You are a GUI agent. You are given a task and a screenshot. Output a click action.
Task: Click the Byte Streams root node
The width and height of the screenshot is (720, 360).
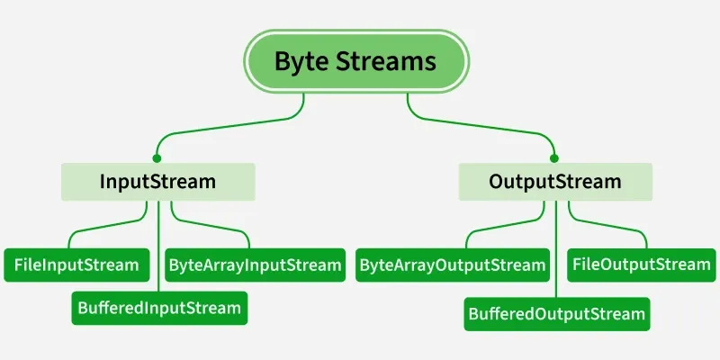[355, 61]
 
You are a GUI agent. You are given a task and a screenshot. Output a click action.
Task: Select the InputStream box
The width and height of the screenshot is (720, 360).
[157, 181]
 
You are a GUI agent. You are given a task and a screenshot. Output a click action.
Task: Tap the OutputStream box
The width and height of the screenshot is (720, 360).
[554, 181]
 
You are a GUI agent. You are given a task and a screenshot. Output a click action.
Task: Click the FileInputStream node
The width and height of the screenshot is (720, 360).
[76, 265]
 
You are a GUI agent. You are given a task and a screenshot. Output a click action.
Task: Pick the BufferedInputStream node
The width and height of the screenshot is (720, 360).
[158, 308]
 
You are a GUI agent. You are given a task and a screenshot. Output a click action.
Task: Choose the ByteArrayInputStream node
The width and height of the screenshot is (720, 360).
[255, 265]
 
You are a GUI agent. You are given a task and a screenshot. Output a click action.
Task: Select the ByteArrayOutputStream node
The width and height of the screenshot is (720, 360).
[453, 265]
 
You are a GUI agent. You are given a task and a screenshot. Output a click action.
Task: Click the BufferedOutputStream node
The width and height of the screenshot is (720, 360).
[556, 313]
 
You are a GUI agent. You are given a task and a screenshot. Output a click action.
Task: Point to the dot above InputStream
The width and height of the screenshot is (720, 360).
[157, 157]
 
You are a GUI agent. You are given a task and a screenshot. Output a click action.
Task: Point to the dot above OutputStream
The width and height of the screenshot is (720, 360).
[554, 157]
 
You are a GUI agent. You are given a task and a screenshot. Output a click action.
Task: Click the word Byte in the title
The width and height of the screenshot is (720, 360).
[301, 61]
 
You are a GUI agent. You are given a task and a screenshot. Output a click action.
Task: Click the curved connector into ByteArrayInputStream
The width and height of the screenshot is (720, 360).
[225, 230]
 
